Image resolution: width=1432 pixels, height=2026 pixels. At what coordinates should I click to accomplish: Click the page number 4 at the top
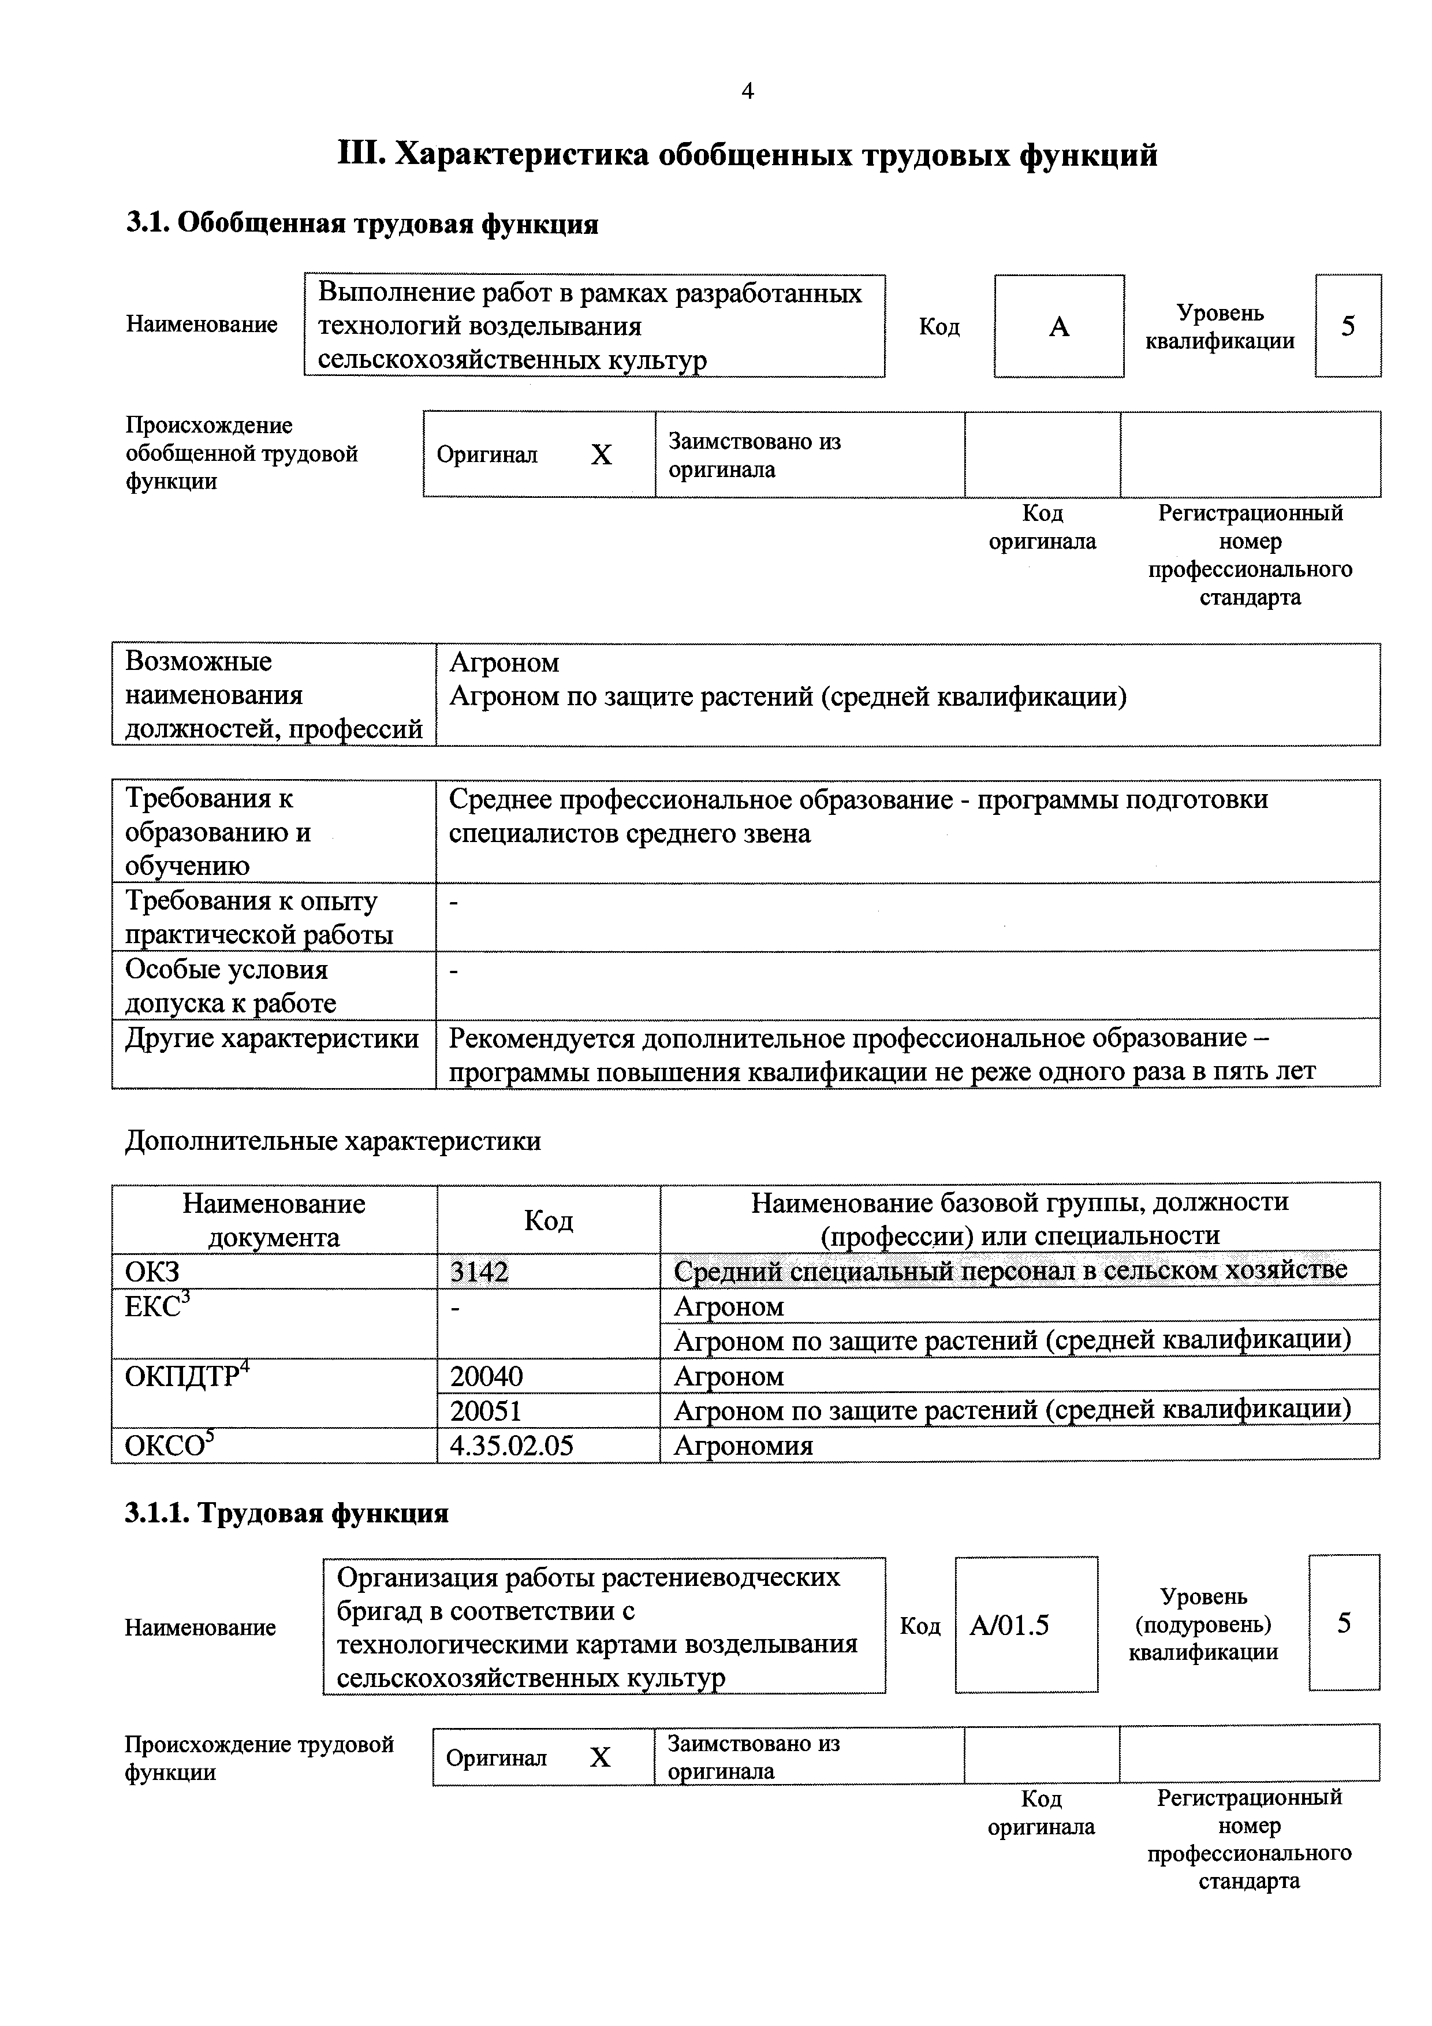[747, 92]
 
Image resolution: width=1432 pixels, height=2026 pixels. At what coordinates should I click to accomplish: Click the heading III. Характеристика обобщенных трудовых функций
[747, 155]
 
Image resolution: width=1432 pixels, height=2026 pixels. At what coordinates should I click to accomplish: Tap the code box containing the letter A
[1059, 326]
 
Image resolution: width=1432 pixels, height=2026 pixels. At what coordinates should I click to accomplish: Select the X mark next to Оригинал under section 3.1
[601, 455]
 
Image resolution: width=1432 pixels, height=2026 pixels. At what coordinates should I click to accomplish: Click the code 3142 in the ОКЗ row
[479, 1272]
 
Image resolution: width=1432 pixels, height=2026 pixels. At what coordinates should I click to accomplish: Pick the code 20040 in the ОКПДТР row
[486, 1376]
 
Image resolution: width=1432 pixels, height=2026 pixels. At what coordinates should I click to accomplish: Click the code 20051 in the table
[486, 1411]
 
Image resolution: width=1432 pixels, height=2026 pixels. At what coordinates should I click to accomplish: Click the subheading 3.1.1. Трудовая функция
[287, 1513]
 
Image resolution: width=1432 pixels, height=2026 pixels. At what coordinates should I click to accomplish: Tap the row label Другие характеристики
[272, 1038]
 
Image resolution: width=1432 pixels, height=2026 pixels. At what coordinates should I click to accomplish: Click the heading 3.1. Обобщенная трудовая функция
[361, 224]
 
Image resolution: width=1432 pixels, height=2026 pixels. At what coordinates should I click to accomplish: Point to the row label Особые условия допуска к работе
[231, 986]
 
